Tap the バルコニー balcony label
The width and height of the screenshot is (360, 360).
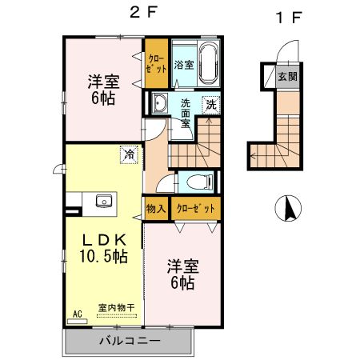130,341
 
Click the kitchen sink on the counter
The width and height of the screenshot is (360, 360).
103,201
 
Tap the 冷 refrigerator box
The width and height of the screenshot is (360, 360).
127,154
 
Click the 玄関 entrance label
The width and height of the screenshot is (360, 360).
286,77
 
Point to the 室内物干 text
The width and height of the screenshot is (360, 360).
116,307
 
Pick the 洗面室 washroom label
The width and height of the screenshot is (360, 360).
185,114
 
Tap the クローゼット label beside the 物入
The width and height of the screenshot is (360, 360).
197,208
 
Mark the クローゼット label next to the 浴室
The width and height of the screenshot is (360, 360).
154,62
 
